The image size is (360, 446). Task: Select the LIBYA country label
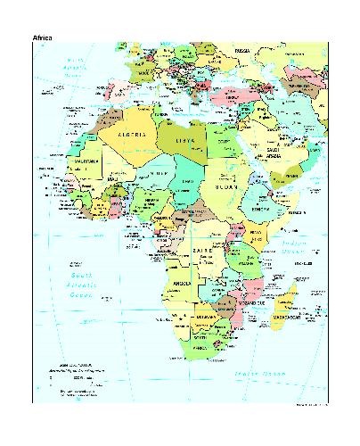click(184, 140)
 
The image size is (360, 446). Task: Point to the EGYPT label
click(224, 142)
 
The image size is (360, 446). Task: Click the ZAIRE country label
click(202, 252)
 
